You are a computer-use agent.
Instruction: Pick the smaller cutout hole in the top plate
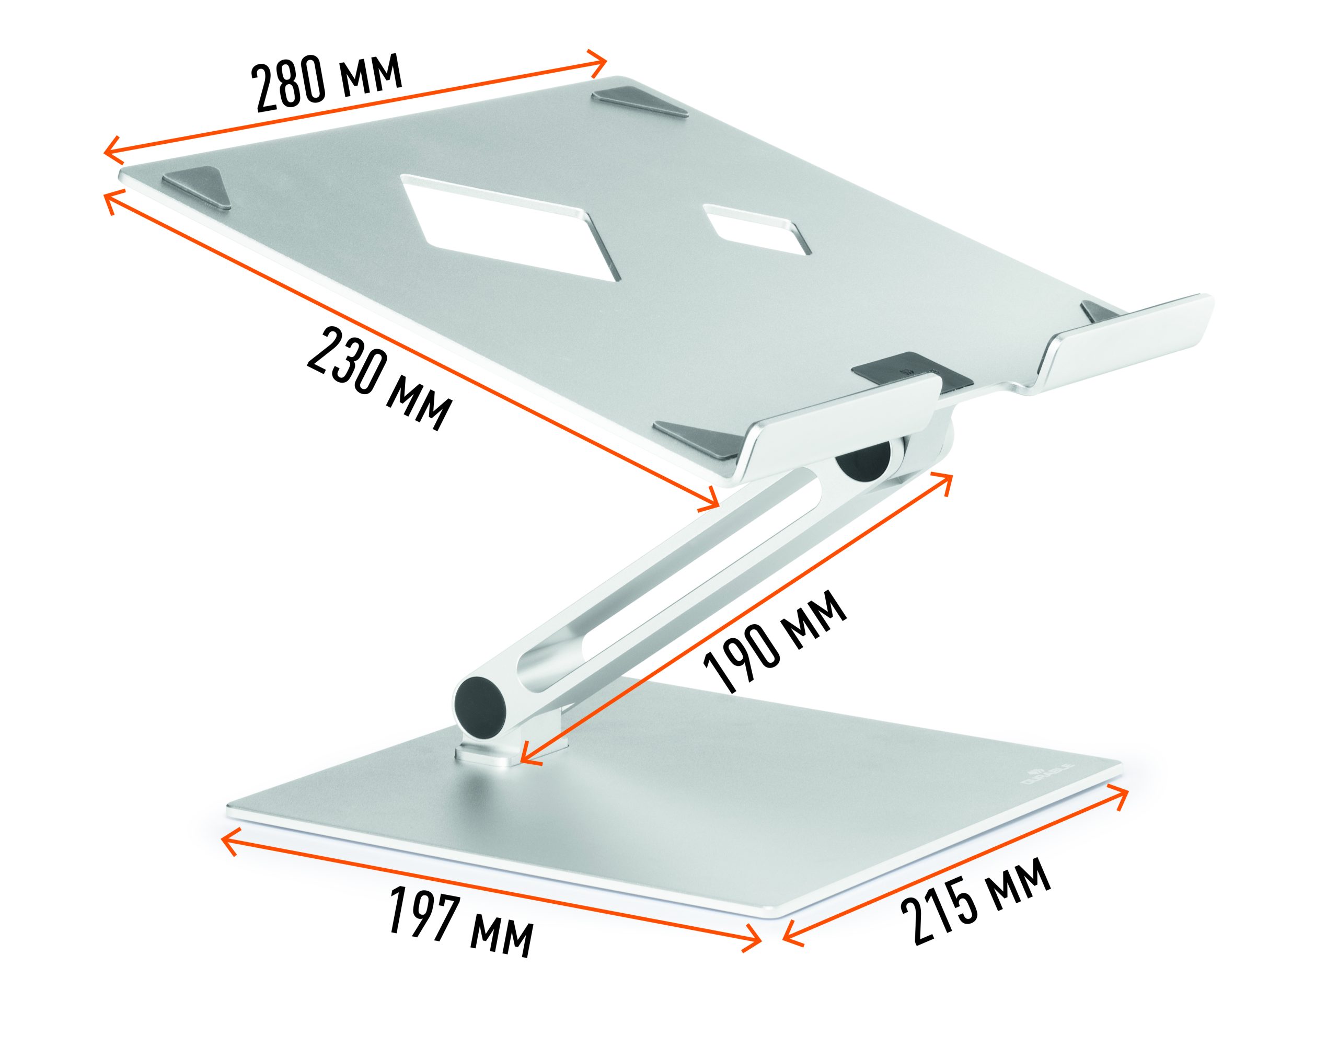757,230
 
